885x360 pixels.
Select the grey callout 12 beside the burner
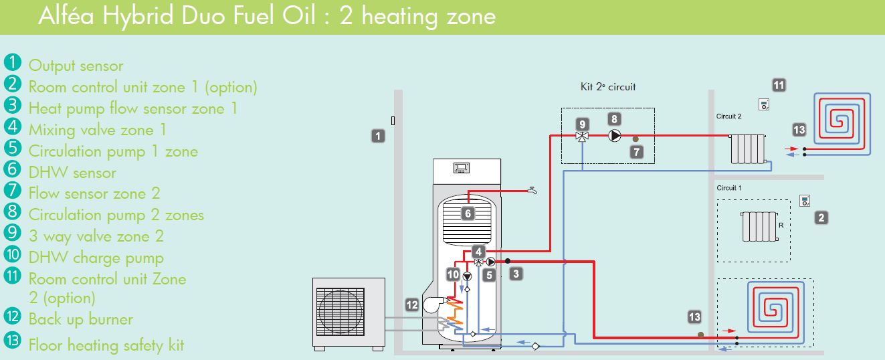[412, 304]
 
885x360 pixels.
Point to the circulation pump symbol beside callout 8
[614, 136]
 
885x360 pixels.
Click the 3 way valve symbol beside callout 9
[582, 136]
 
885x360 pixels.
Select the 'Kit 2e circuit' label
[607, 87]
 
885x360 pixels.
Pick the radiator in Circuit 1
[758, 226]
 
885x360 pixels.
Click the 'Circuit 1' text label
[729, 188]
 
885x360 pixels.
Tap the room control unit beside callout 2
[805, 201]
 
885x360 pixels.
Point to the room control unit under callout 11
[764, 104]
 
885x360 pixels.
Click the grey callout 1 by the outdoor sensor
[378, 136]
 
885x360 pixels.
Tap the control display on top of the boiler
[462, 167]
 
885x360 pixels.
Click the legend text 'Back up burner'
[81, 319]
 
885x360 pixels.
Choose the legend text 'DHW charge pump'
[96, 258]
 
